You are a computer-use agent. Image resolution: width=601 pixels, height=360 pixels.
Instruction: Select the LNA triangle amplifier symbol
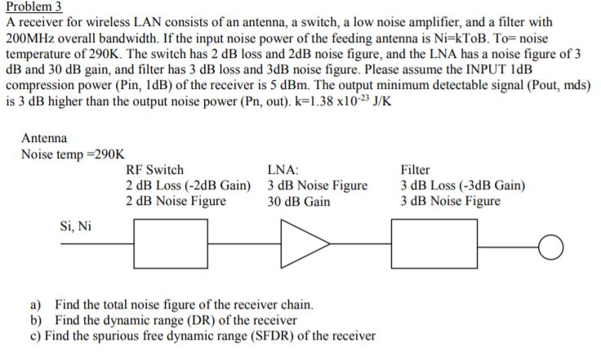[x=301, y=243]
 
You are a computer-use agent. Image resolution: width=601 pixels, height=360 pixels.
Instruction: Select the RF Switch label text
[x=154, y=171]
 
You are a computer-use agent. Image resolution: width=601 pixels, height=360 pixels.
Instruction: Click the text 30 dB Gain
[x=299, y=202]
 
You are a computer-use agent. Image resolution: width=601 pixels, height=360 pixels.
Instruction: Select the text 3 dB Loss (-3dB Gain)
[x=463, y=186]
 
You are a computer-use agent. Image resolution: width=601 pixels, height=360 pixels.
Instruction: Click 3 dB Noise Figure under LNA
[x=317, y=186]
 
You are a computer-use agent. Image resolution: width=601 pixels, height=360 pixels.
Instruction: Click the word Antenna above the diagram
[x=44, y=139]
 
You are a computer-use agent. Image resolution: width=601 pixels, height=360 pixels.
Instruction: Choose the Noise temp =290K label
[x=73, y=154]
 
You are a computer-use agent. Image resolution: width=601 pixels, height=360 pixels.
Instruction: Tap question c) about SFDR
[x=202, y=335]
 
